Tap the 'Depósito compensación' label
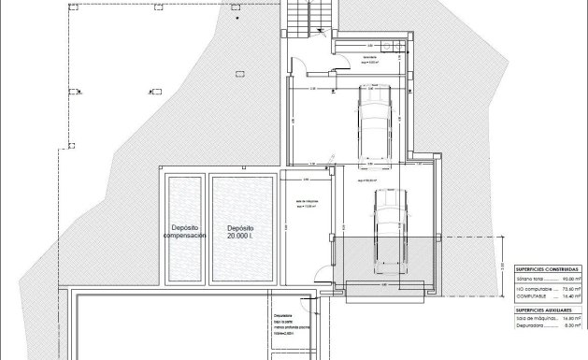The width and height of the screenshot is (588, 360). click(x=184, y=232)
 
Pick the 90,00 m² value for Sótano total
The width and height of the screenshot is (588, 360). click(x=569, y=279)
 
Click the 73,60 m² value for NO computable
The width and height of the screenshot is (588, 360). click(x=569, y=289)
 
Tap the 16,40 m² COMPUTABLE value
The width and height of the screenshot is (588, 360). click(x=569, y=297)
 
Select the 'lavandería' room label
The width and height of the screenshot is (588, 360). click(x=372, y=57)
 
